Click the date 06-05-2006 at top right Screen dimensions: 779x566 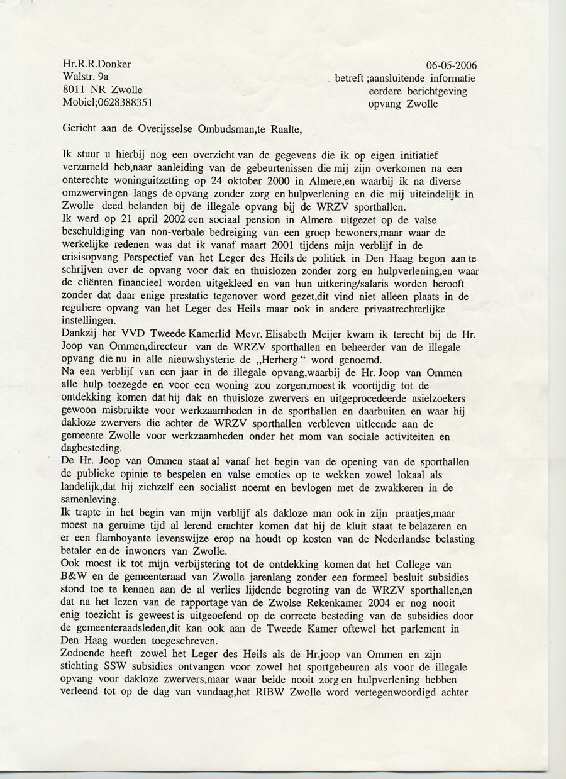pos(451,65)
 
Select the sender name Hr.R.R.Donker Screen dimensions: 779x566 pos(97,64)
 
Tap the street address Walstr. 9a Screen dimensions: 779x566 pos(85,76)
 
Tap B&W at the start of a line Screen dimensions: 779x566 pos(76,578)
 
